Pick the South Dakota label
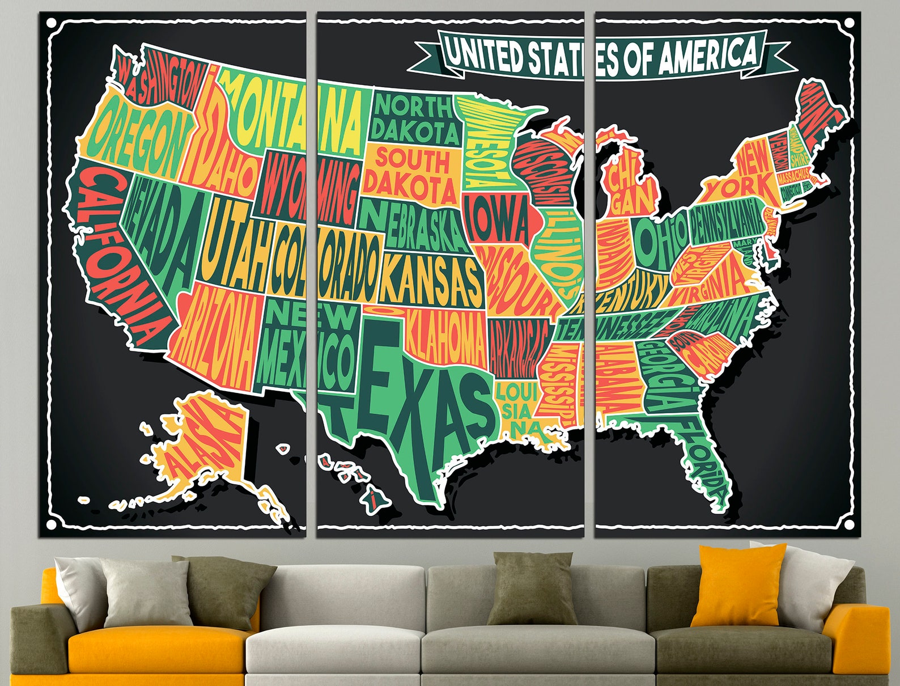[x=411, y=170]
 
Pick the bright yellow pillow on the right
[x=740, y=584]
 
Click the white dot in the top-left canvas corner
[x=52, y=23]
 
